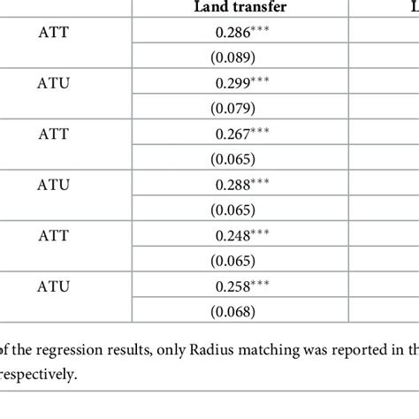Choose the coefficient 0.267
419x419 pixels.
(230, 134)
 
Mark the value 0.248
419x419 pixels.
(230, 236)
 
